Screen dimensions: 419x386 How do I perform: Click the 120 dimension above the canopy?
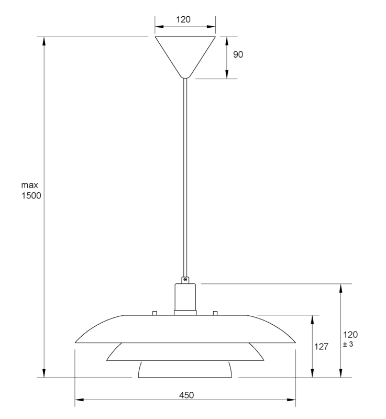click(x=183, y=20)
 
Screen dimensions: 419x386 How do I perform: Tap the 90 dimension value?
click(x=238, y=54)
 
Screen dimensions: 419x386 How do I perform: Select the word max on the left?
click(x=30, y=185)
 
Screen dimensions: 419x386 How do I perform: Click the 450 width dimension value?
click(x=186, y=395)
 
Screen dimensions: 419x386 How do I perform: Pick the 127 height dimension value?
click(x=322, y=346)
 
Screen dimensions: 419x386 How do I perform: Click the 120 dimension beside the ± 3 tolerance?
click(x=350, y=334)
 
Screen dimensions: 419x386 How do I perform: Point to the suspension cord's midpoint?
click(x=185, y=178)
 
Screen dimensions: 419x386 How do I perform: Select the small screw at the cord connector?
click(x=185, y=280)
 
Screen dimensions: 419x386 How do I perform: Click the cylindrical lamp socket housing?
click(x=185, y=297)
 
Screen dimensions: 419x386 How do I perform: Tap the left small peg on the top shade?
click(x=154, y=313)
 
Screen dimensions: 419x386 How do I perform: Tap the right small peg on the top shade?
click(x=215, y=313)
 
